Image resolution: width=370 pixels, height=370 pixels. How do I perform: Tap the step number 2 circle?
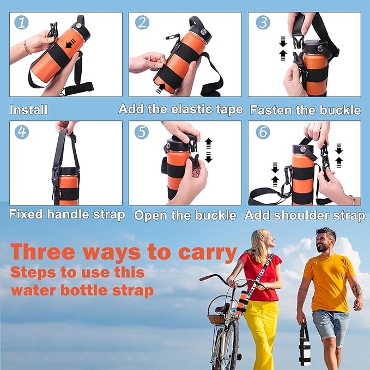(x=142, y=23)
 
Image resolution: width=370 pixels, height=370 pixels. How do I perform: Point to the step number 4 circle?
(x=21, y=132)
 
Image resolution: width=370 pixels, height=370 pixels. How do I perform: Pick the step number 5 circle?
(x=142, y=132)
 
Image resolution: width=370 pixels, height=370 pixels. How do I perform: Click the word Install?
(x=28, y=110)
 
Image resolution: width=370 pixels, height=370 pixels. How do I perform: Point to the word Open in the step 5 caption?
(x=149, y=215)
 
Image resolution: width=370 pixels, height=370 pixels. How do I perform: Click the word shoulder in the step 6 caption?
(x=299, y=215)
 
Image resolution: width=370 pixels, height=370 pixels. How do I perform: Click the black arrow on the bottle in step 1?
(x=70, y=45)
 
